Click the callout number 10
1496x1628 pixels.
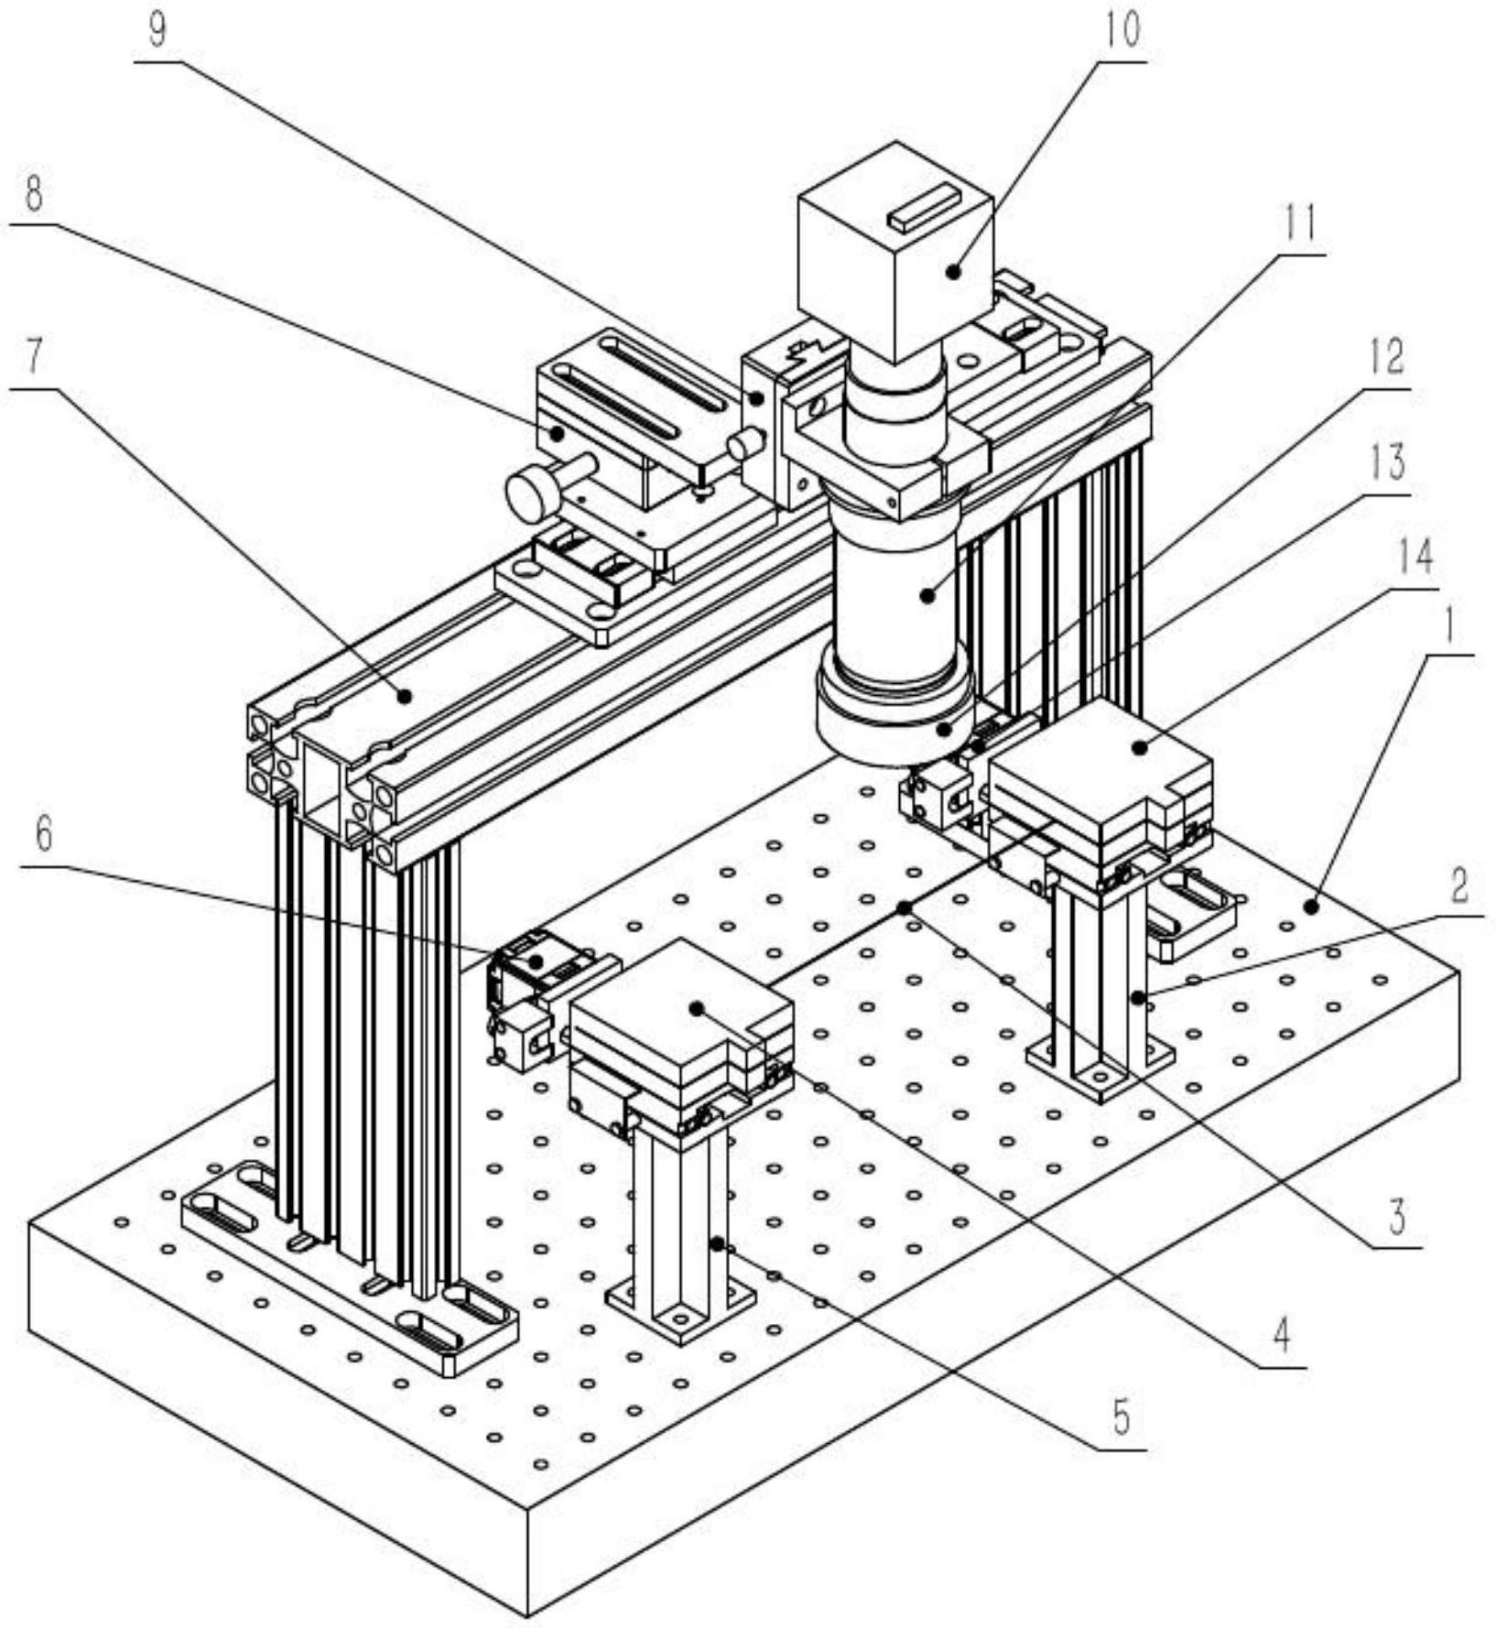point(1122,30)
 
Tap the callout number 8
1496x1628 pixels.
point(34,194)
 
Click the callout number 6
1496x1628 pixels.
point(43,835)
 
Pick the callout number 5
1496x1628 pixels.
point(1121,1418)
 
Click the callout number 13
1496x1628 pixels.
point(1388,463)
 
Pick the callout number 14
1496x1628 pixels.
point(1415,556)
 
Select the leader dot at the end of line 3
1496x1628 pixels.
point(904,907)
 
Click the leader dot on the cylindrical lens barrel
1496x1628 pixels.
point(927,595)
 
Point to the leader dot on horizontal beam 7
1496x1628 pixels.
point(403,696)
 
